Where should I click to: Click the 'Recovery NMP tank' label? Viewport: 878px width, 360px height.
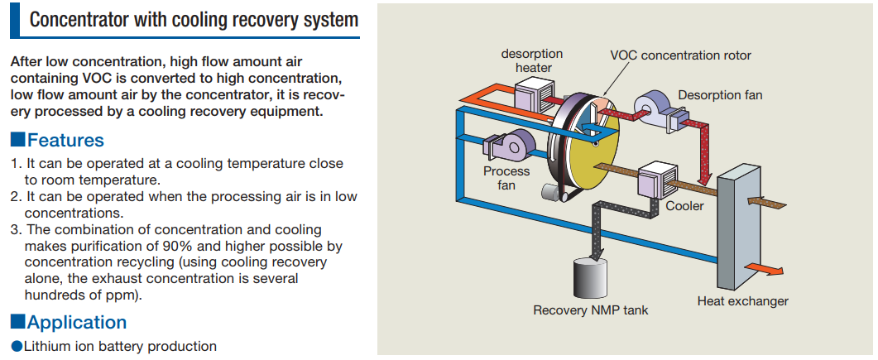click(590, 310)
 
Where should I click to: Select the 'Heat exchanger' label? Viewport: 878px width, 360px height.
click(742, 301)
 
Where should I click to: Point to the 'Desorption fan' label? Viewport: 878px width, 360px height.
click(720, 95)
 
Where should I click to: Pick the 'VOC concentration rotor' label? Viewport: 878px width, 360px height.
click(680, 55)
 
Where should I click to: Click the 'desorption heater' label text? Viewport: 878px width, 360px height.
click(532, 60)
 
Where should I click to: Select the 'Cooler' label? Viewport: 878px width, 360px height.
click(684, 205)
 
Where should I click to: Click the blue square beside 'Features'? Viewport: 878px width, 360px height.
click(17, 140)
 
